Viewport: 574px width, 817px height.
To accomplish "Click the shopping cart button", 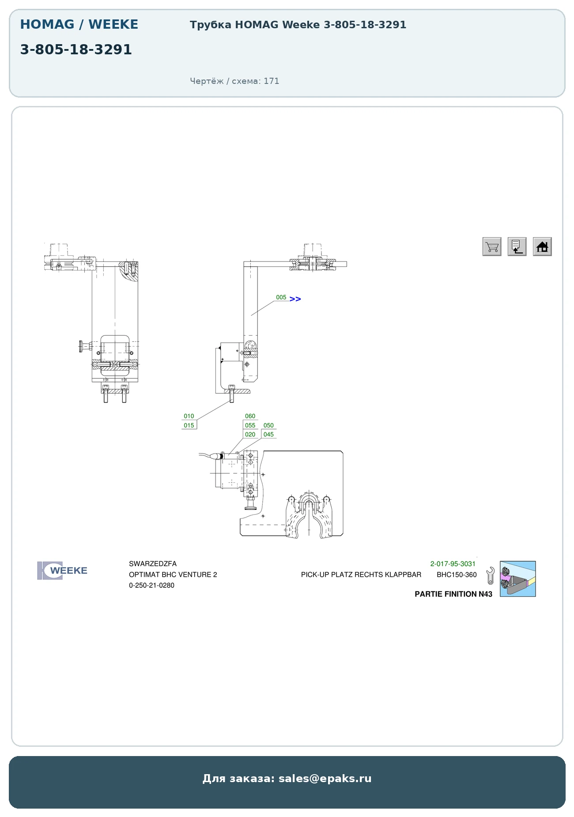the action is (x=492, y=246).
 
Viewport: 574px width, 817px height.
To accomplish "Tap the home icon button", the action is (x=542, y=246).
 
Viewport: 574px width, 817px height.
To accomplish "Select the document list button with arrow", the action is (x=517, y=246).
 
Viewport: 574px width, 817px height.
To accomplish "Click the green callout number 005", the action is (x=281, y=297).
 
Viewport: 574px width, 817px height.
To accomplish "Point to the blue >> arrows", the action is (x=295, y=299).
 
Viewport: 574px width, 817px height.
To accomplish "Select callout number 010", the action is (x=189, y=416).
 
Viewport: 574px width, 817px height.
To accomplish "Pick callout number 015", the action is (x=189, y=425).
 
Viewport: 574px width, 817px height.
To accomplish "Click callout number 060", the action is (x=250, y=416).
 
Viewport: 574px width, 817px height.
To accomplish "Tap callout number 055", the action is (x=250, y=425).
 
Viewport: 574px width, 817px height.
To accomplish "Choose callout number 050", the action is (x=268, y=425).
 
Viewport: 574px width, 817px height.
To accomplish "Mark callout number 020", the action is (x=250, y=435).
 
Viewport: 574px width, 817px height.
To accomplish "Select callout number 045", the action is (x=268, y=435).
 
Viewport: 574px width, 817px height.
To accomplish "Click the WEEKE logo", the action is (x=62, y=571).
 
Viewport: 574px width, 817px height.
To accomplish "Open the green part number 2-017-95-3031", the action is (x=453, y=564).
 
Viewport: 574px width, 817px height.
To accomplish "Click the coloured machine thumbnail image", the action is (x=518, y=579).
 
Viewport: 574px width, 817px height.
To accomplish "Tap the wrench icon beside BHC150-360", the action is (x=490, y=576).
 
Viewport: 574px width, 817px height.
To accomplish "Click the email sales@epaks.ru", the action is (x=325, y=779).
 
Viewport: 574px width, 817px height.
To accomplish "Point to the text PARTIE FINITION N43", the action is (x=453, y=594).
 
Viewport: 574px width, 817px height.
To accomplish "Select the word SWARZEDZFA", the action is (x=153, y=564).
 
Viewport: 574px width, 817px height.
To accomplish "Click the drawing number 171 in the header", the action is (x=272, y=81).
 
